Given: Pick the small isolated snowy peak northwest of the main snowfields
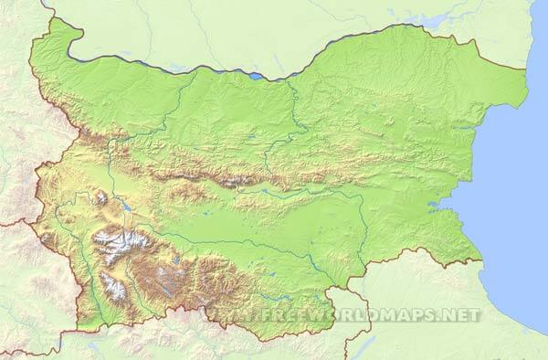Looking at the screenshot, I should pos(100,197).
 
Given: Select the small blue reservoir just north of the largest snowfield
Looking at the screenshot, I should pos(125,207).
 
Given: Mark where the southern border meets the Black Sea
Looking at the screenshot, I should pos(481,261).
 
